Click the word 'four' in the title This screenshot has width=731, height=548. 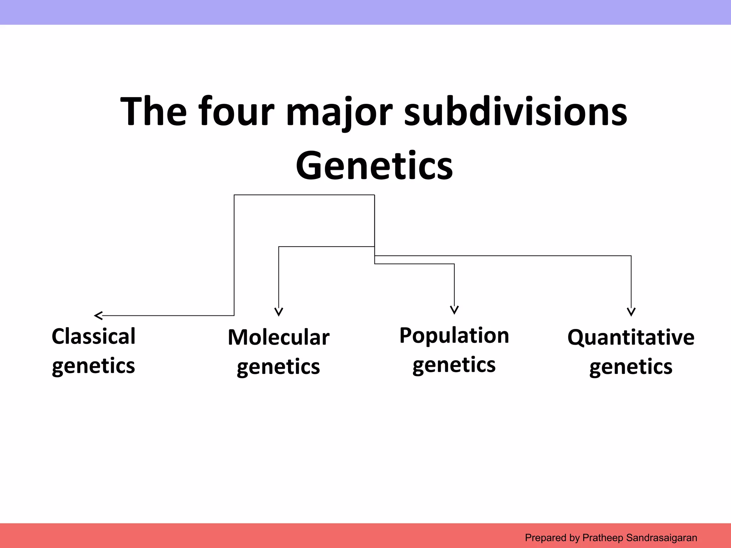[236, 111]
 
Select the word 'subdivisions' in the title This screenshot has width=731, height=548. [515, 111]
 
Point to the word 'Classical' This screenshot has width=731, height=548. [94, 336]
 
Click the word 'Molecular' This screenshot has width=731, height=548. [278, 337]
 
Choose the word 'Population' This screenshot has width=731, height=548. [454, 335]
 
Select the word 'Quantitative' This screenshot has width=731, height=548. [631, 337]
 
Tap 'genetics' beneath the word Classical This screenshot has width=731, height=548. [94, 366]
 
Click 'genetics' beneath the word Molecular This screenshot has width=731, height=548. [278, 367]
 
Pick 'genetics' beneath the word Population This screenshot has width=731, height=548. [454, 365]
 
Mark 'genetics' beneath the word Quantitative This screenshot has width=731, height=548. [631, 367]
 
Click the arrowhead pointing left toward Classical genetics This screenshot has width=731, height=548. [98, 315]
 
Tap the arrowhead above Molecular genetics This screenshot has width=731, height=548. [279, 312]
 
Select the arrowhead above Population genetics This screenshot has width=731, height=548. [454, 310]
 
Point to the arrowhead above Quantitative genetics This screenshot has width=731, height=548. [631, 312]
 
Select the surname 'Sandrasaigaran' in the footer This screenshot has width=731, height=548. [661, 538]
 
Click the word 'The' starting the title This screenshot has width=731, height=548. [153, 111]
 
